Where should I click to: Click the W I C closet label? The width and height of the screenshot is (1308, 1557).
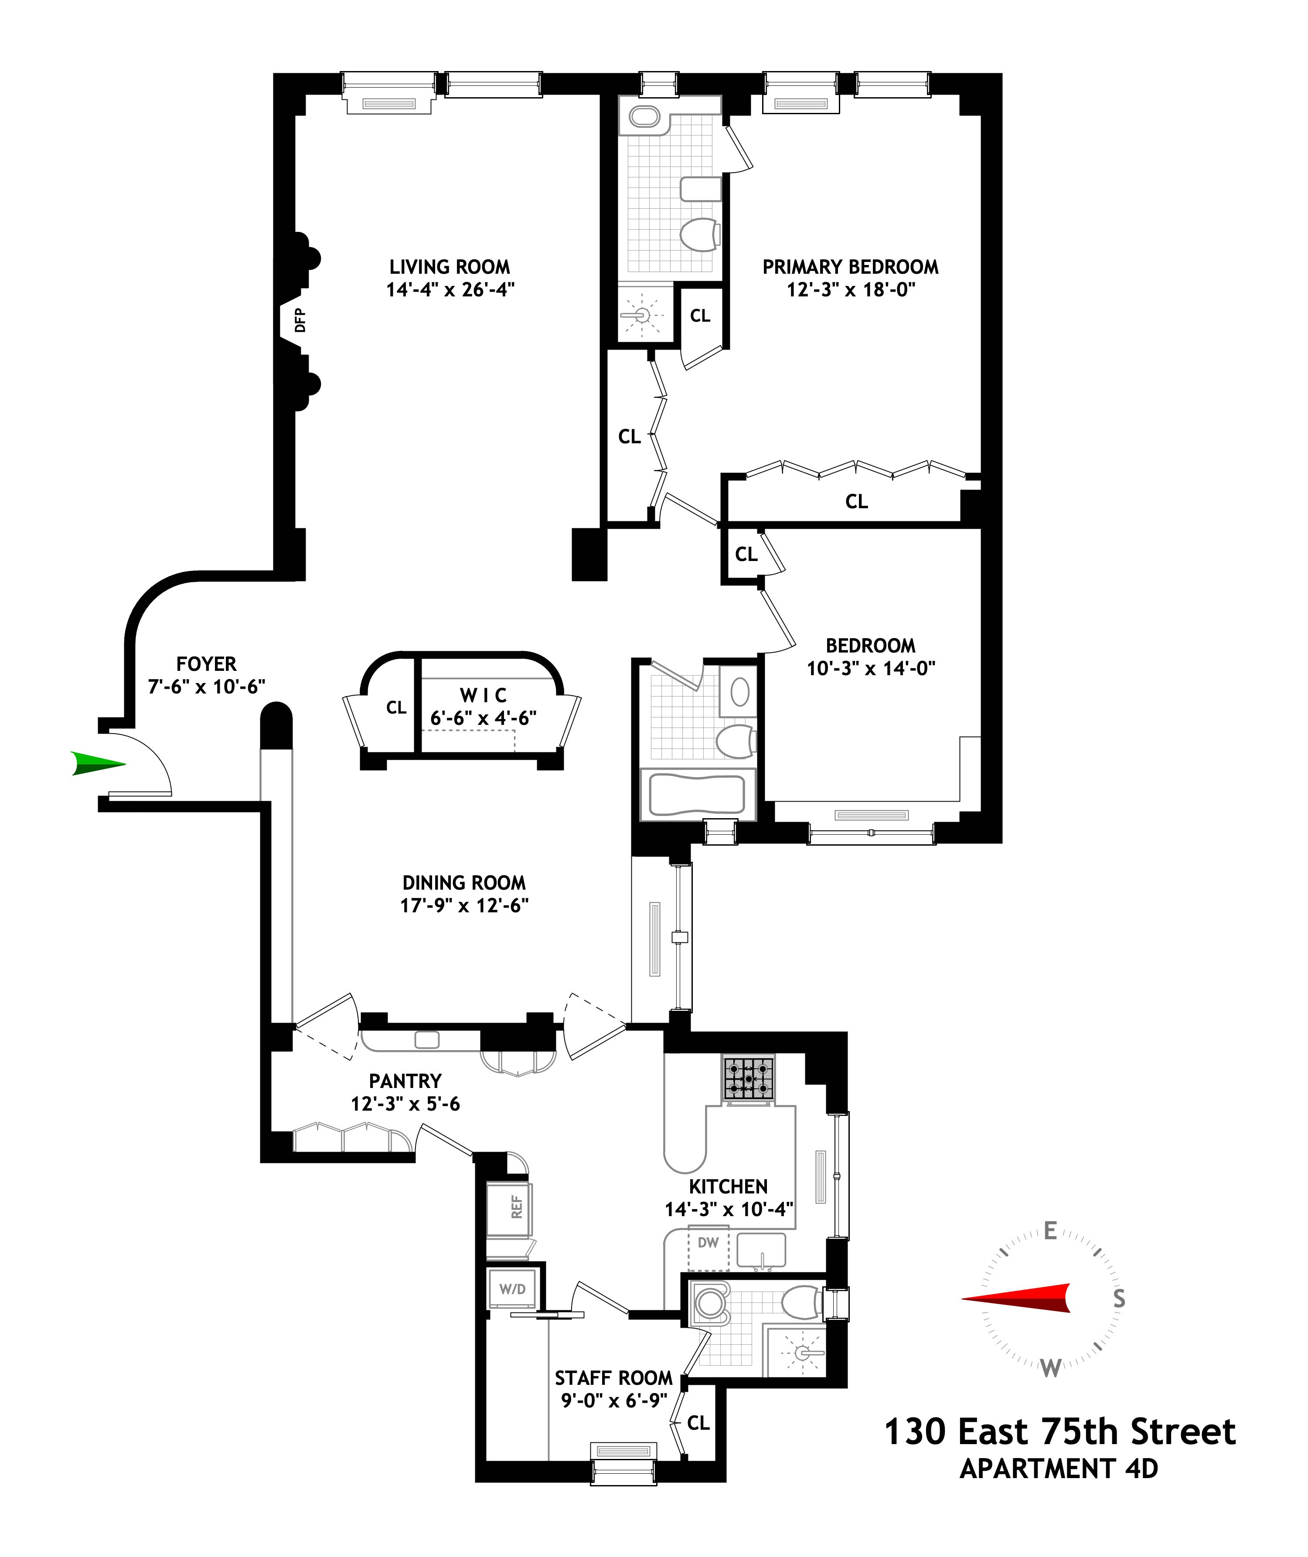point(484,695)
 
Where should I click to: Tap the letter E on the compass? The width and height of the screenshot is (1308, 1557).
point(1050,1231)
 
